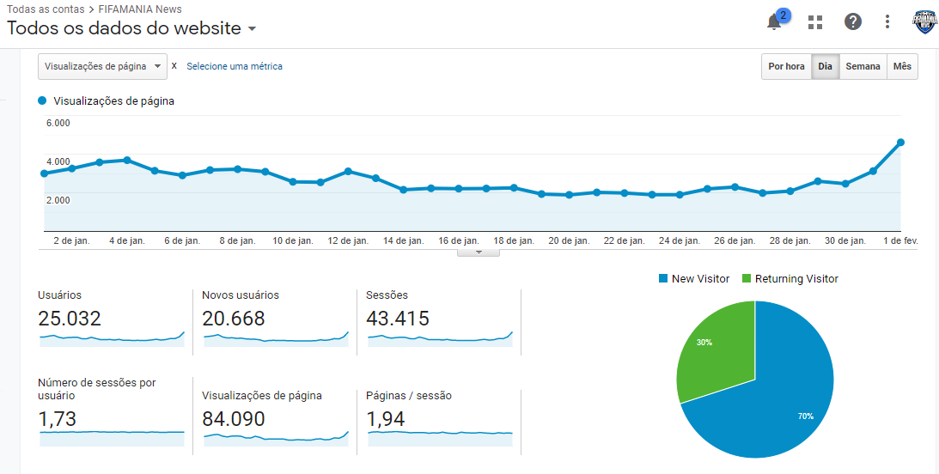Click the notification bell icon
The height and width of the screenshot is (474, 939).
coord(774,22)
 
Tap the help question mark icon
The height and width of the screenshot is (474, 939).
coord(853,22)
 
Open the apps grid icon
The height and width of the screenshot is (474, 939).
coord(815,22)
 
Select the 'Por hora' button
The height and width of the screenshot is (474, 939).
coord(786,66)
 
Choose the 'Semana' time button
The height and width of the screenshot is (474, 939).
coord(863,66)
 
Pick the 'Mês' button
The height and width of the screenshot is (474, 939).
coord(902,66)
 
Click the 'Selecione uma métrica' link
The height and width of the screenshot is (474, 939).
coord(235,66)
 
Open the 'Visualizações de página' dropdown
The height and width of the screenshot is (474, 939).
coord(102,66)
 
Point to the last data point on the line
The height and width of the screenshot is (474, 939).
coord(900,143)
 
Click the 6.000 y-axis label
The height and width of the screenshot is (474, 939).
coord(58,124)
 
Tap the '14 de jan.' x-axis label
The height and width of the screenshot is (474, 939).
coord(404,240)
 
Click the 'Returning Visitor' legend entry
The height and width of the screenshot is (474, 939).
coord(790,279)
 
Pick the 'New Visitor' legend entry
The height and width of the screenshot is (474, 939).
coord(694,279)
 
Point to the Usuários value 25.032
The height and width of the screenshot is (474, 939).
coord(70,319)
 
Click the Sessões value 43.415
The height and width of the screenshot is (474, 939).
coord(399,319)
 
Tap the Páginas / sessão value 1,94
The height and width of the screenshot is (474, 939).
coord(386,419)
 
